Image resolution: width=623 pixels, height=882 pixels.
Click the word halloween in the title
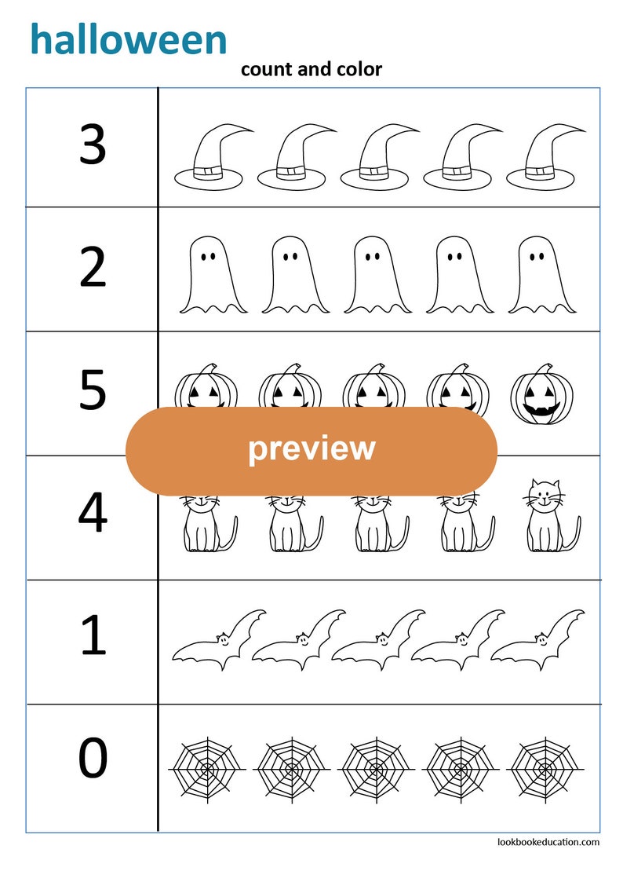[x=129, y=39]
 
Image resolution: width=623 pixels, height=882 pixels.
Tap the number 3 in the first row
[x=93, y=145]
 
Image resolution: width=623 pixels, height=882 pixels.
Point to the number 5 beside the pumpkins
[x=93, y=392]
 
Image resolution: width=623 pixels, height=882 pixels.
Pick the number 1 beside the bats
[x=93, y=636]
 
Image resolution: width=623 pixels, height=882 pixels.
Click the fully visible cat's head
[x=544, y=494]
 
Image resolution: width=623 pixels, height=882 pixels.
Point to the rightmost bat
[x=540, y=641]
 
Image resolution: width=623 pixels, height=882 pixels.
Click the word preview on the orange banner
[x=311, y=448]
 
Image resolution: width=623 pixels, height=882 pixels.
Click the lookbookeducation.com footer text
[x=548, y=842]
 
